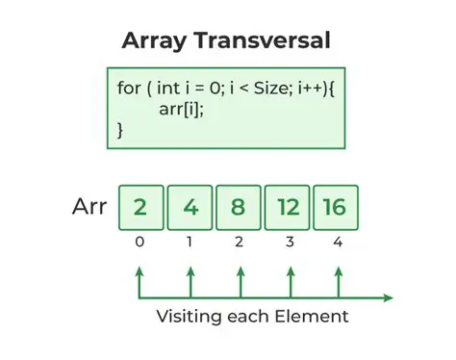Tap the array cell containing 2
[x=140, y=207]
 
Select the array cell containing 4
[x=190, y=207]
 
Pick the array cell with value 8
[x=239, y=207]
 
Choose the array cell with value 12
[x=288, y=207]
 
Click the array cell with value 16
[x=336, y=207]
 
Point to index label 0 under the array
[x=140, y=242]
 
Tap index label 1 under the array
[x=190, y=242]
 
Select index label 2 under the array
[x=239, y=242]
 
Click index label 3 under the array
[x=289, y=242]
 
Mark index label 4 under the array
[x=337, y=242]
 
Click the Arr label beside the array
[x=89, y=207]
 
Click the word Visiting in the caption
[x=190, y=317]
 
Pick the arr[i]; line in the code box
[x=182, y=109]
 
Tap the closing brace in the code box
[x=121, y=129]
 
